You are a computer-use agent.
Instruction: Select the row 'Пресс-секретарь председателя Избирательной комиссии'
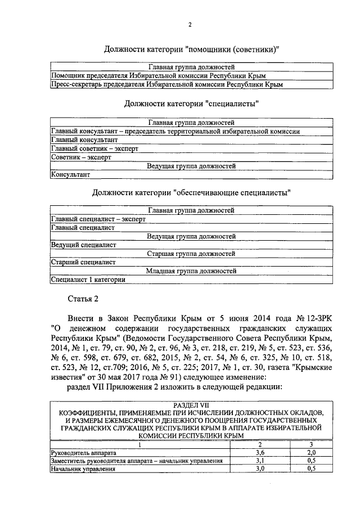(x=166, y=84)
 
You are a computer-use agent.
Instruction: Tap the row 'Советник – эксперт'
(x=81, y=157)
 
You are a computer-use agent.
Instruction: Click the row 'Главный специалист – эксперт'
(x=94, y=219)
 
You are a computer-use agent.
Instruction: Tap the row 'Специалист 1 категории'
(x=88, y=279)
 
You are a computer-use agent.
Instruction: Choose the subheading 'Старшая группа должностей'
(x=191, y=254)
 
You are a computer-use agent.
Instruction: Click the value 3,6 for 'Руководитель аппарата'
(x=260, y=452)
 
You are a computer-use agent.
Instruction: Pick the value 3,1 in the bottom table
(x=260, y=461)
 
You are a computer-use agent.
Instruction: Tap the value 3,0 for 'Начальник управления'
(x=260, y=469)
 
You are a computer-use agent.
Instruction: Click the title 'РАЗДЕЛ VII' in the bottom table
(x=190, y=405)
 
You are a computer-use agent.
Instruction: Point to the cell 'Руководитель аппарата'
(x=84, y=452)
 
